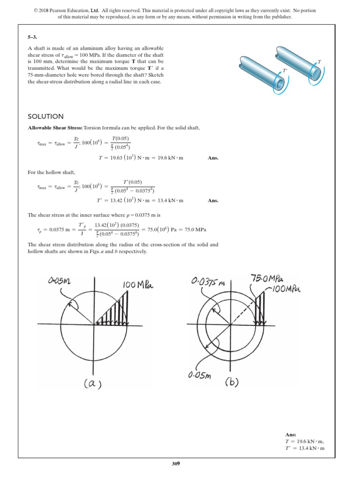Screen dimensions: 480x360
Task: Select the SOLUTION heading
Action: pos(46,116)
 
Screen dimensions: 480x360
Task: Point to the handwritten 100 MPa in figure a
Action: pos(139,285)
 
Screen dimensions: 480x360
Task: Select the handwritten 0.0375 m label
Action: pos(209,283)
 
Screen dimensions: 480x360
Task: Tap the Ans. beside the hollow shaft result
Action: pos(213,201)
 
